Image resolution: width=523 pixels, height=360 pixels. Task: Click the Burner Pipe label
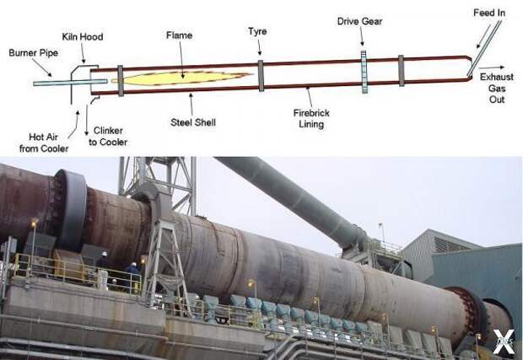tap(34, 52)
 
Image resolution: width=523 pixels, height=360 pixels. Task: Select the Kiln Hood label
tap(83, 36)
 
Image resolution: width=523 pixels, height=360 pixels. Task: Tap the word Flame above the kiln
tap(179, 35)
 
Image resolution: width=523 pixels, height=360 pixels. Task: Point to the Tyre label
tap(257, 31)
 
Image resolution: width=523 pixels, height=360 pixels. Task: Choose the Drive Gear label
tap(359, 21)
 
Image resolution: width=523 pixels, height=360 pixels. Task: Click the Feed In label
tap(489, 13)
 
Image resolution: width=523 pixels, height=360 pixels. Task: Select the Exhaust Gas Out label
tap(497, 88)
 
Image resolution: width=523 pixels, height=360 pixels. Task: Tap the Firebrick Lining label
tap(311, 119)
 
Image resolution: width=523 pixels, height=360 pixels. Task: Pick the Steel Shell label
tap(193, 122)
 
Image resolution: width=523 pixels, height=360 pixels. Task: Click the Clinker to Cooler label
tap(108, 137)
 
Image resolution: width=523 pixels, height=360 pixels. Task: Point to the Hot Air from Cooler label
tap(44, 142)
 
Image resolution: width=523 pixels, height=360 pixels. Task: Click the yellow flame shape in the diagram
tap(181, 78)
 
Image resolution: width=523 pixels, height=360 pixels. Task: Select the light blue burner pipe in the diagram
tap(70, 82)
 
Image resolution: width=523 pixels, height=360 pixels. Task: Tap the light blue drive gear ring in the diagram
tap(364, 72)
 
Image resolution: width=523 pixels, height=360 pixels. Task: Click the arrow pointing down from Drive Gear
tap(362, 36)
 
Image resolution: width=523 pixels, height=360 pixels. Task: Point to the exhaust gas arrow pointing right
tap(492, 67)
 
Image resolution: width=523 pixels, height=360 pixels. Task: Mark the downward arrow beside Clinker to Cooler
tap(87, 120)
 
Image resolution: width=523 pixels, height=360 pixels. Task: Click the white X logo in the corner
tap(504, 341)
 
